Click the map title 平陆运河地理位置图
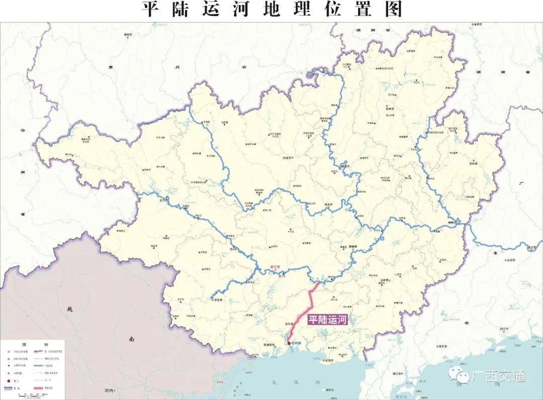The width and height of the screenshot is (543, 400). click(271, 10)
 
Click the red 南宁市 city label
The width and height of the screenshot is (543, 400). click(275, 267)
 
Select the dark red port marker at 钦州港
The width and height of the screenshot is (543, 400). click(289, 343)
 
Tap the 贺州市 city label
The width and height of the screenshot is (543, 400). click(472, 163)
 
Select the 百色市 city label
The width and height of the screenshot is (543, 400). click(162, 201)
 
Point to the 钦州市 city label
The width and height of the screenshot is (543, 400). click(288, 324)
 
